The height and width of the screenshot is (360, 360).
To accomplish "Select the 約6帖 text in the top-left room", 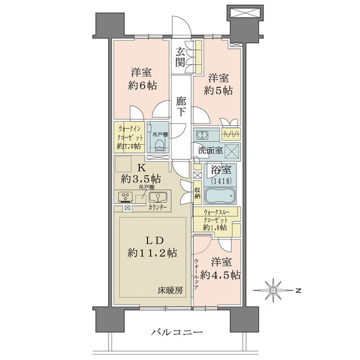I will tap(144, 86).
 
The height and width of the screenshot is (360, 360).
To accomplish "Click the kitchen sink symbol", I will tap(158, 197).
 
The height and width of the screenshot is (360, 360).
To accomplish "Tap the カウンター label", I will tap(158, 208).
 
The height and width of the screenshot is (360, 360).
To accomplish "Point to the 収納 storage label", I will tap(197, 193).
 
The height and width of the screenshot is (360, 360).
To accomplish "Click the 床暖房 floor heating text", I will tap(171, 290).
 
